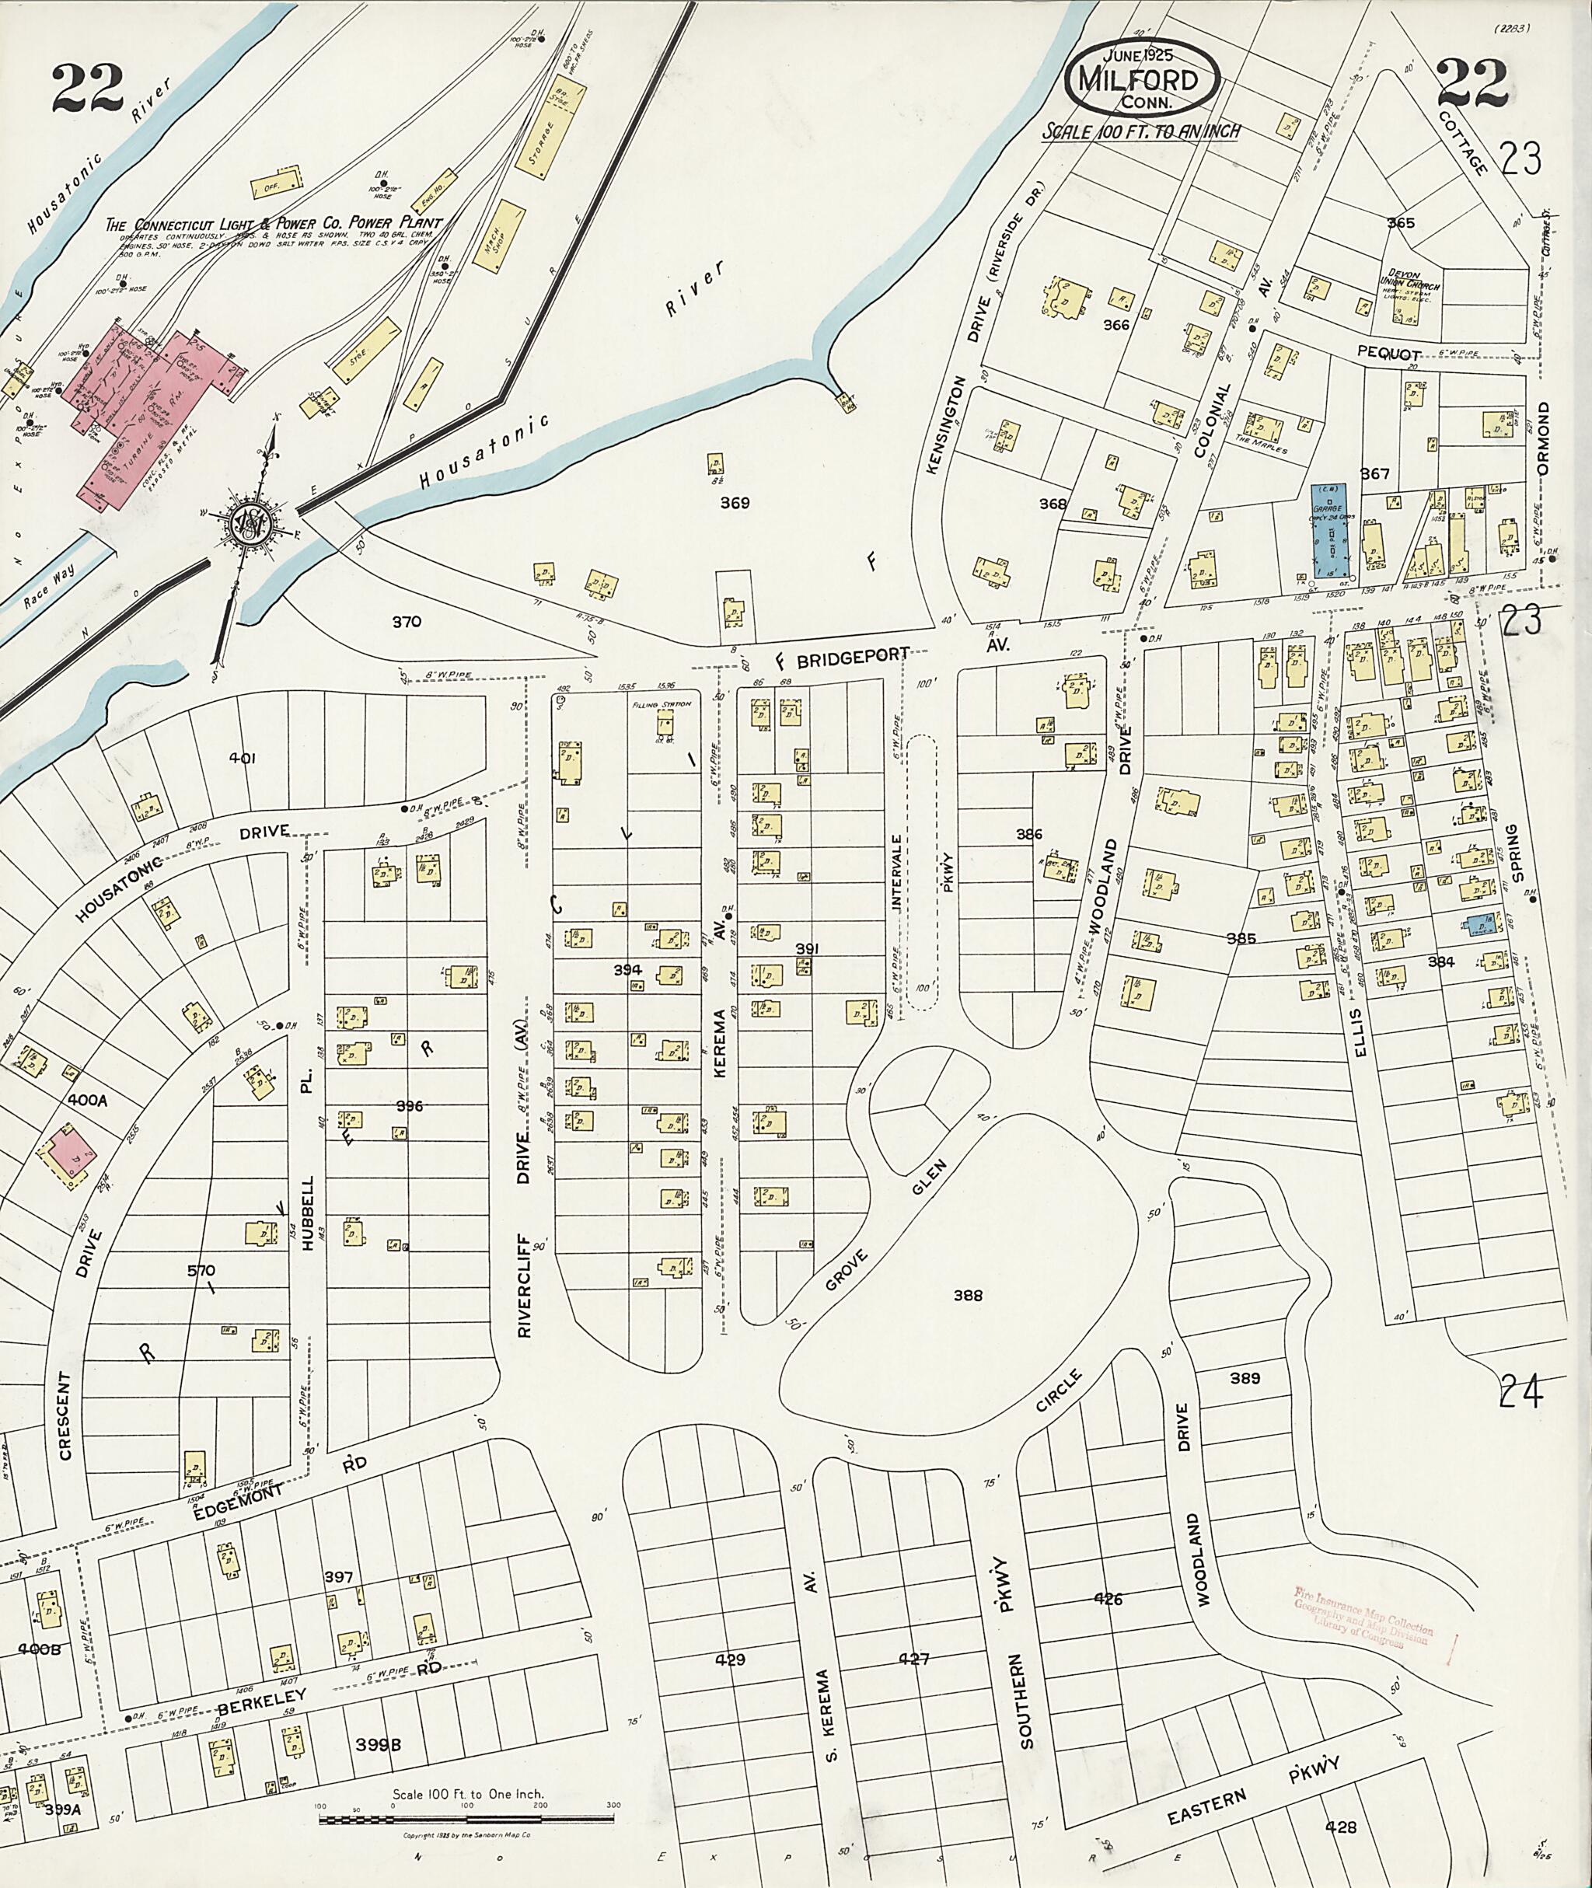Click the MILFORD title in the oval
point(1143,81)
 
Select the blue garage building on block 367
point(1330,532)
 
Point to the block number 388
point(968,1296)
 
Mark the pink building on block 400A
point(65,1150)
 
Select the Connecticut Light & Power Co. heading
point(274,223)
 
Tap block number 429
point(730,1659)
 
